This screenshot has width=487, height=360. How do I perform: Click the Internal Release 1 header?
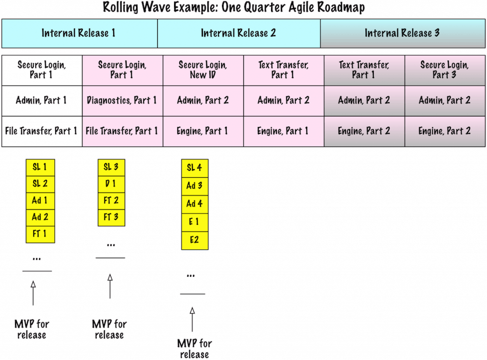[79, 33]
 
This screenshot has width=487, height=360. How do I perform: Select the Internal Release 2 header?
[239, 33]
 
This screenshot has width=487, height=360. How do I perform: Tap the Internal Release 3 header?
[402, 33]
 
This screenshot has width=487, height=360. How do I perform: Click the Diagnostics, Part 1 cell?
[122, 101]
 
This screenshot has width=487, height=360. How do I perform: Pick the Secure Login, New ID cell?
[203, 70]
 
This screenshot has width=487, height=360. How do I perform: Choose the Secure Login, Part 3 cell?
[445, 70]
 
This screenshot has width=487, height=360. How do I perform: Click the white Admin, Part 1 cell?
[41, 101]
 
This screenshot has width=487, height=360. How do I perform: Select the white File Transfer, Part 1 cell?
[41, 131]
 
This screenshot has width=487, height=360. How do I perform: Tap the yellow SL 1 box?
[40, 167]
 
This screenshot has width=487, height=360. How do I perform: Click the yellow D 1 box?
[111, 184]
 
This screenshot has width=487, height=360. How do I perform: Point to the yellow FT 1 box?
[40, 234]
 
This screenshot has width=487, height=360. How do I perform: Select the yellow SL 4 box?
[195, 168]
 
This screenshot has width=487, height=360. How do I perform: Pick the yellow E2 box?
[195, 240]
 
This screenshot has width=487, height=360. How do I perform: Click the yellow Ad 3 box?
[195, 186]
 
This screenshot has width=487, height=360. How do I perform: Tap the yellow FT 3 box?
[111, 218]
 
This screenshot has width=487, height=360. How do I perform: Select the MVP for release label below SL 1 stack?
[32, 330]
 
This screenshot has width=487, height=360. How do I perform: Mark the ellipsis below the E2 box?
[191, 276]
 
